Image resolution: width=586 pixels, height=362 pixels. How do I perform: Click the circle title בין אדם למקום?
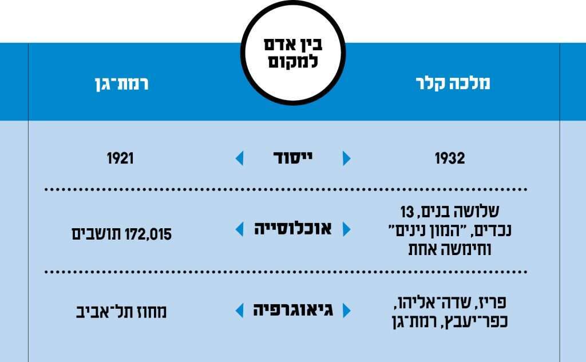(292, 53)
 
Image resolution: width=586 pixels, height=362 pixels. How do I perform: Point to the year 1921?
(120, 158)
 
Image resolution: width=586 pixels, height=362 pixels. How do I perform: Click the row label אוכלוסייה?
(292, 229)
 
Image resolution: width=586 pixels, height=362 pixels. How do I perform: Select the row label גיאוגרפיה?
(292, 311)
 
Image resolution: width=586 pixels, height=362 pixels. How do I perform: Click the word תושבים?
(94, 233)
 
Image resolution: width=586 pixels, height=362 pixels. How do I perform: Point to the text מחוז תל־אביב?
(121, 312)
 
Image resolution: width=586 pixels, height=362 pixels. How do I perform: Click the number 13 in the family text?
(406, 213)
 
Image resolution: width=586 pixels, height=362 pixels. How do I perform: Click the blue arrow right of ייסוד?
(346, 158)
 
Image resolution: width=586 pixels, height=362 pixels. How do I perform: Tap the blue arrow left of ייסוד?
(239, 158)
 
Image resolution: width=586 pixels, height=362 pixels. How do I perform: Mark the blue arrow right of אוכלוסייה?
(346, 229)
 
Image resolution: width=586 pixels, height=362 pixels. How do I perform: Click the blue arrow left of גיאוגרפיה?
(239, 311)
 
